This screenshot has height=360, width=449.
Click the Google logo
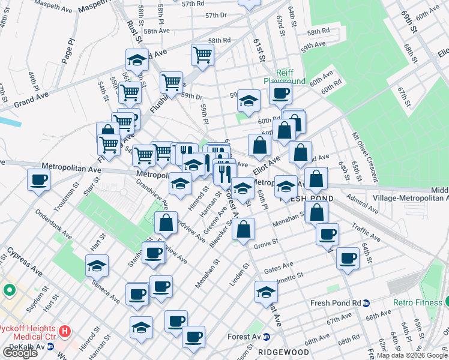point(20,353)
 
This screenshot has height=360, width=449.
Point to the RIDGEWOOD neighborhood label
point(284,352)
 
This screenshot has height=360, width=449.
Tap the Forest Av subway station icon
point(274,337)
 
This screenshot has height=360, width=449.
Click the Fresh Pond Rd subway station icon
point(366,303)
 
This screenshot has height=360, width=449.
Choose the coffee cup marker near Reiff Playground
point(280,94)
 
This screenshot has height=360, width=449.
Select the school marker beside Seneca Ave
point(97,265)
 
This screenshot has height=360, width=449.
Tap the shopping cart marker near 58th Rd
point(203,55)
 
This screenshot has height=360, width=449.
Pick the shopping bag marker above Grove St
point(244,230)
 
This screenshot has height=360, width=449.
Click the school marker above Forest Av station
point(266,292)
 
